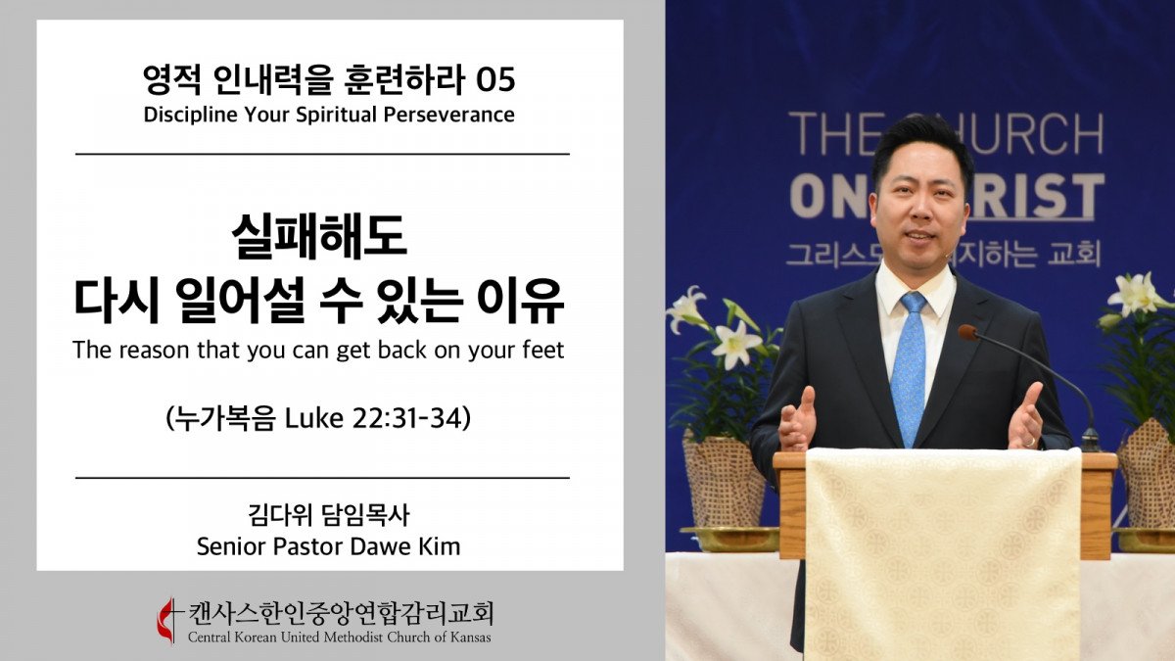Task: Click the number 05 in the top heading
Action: pos(495,80)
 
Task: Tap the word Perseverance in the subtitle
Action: pos(449,115)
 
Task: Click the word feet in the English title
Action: pos(542,350)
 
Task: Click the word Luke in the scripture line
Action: pos(313,418)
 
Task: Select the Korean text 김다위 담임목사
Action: pos(329,515)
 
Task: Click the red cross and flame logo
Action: pos(167,620)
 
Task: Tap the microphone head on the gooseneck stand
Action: pos(967,333)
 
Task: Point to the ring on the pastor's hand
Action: pos(1030,443)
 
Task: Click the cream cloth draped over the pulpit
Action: pos(943,553)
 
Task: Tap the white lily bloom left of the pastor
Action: pos(735,344)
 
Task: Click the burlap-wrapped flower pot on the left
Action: pos(724,479)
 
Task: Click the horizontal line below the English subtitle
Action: pos(322,155)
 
